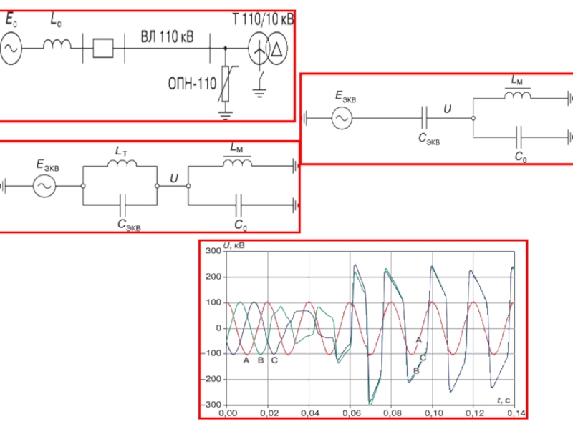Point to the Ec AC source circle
pos(11,49)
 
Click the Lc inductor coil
pos(58,45)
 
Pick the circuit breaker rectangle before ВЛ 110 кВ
pos(105,49)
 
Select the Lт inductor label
pos(120,152)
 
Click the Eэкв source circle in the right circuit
pos(342,118)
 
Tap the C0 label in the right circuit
pos(521,157)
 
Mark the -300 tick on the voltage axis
pos(213,405)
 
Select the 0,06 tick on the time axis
pos(351,414)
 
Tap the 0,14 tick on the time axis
pos(515,414)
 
